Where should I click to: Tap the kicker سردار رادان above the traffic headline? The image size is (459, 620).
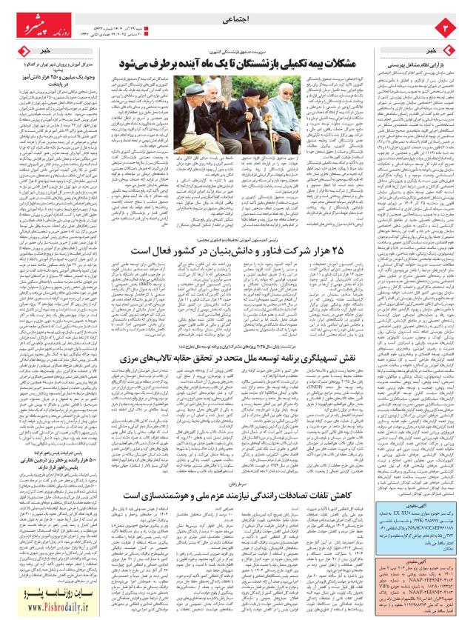pos(245,477)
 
